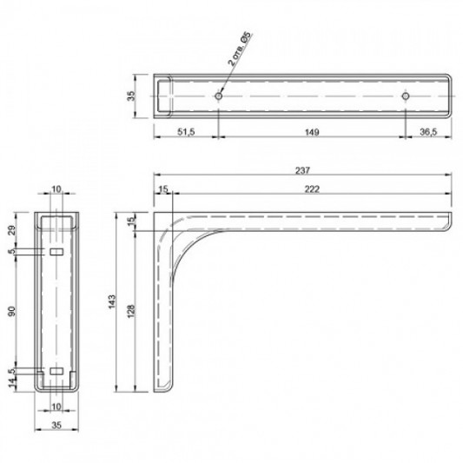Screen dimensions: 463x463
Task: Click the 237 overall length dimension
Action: point(302,170)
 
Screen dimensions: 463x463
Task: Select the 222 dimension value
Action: point(312,189)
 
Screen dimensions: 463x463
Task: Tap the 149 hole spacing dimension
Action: point(312,132)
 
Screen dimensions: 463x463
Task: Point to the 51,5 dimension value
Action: point(186,132)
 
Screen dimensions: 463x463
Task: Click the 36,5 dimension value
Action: point(428,132)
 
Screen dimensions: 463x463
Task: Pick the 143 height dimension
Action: point(112,301)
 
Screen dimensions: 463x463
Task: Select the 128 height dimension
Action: point(131,311)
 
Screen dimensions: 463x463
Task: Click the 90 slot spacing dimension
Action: point(11,311)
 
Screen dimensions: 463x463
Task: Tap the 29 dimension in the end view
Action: point(11,229)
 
